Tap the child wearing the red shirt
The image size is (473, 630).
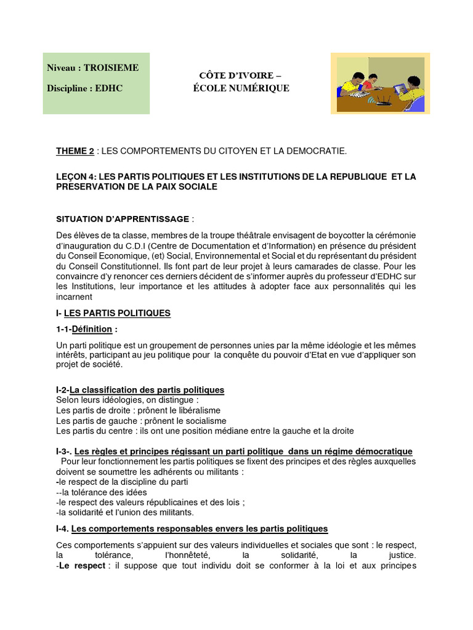click(370, 82)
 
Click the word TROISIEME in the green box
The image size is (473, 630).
click(111, 68)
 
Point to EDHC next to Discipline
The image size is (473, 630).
click(109, 89)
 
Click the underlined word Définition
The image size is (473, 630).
click(92, 329)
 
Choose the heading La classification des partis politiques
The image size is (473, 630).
click(147, 390)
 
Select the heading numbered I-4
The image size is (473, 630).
click(192, 528)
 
